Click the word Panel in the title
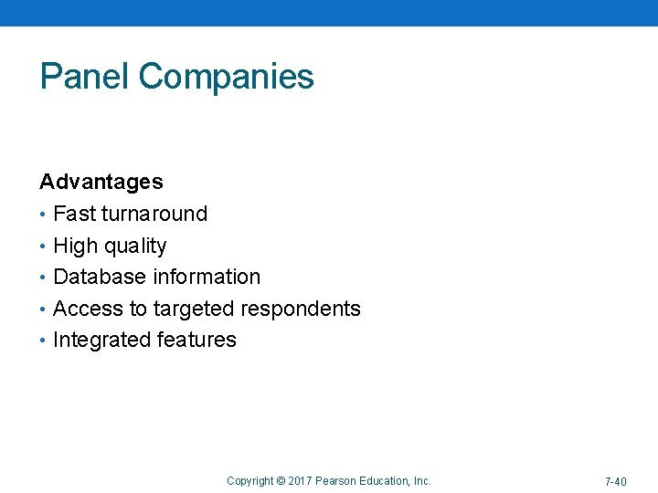[85, 77]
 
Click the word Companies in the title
[227, 77]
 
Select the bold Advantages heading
[101, 182]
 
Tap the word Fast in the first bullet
[74, 214]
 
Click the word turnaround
[154, 214]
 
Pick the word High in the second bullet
[75, 246]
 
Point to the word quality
[135, 246]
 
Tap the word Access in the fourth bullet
[89, 309]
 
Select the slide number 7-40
[615, 481]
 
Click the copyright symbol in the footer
[281, 481]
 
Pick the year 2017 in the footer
[300, 481]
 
